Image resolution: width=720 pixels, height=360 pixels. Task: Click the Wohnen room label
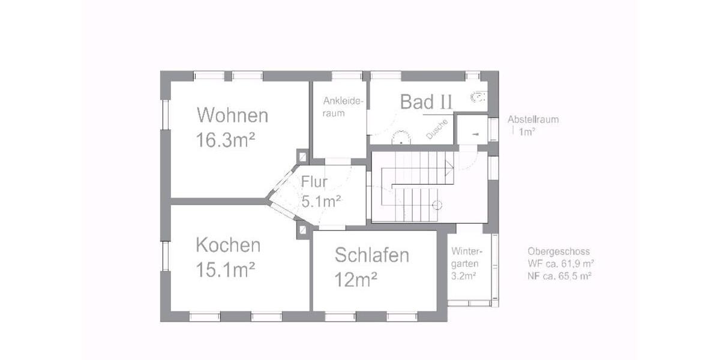point(233,115)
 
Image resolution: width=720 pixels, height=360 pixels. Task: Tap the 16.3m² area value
point(226,140)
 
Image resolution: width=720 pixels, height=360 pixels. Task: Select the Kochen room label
point(228,245)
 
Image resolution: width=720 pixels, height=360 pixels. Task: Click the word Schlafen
point(372,255)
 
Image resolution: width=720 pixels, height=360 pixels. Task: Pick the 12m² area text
point(356,279)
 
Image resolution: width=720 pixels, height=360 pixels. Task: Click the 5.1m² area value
point(322,201)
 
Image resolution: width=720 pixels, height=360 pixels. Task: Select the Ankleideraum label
point(343,107)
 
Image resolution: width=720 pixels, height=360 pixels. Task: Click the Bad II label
point(426,102)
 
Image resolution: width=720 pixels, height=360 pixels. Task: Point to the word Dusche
point(437,130)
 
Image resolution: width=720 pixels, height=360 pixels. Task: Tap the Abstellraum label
point(533,119)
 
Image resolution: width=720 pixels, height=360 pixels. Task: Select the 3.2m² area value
point(463,276)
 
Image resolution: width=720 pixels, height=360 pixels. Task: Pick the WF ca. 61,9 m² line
point(561,263)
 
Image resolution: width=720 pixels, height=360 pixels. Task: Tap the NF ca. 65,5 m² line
point(561,276)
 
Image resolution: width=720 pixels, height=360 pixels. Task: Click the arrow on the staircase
point(449,169)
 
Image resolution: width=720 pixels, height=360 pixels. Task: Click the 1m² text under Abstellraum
point(527,132)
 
